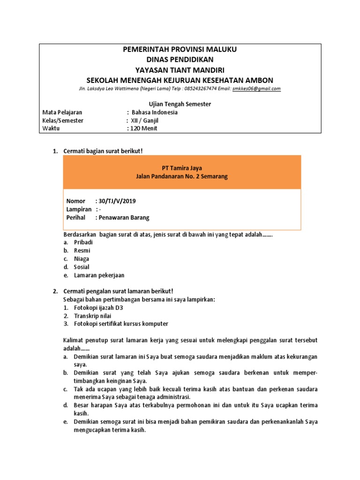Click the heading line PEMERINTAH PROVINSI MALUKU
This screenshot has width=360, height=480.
pyautogui.click(x=180, y=50)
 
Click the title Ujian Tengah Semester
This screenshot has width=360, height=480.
pyautogui.click(x=180, y=104)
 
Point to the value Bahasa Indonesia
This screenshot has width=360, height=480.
pyautogui.click(x=154, y=112)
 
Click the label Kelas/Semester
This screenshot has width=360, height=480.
pyautogui.click(x=63, y=120)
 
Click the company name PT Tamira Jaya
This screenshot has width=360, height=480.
pyautogui.click(x=180, y=168)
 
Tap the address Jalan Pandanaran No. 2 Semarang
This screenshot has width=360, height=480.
pyautogui.click(x=180, y=176)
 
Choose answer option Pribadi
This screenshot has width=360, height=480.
pyautogui.click(x=83, y=242)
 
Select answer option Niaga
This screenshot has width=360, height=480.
pyautogui.click(x=82, y=259)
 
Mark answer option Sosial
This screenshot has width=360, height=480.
pyautogui.click(x=82, y=267)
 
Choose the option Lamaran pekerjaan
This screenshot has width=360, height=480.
pyautogui.click(x=99, y=276)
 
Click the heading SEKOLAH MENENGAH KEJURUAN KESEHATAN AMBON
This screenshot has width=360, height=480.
pyautogui.click(x=180, y=80)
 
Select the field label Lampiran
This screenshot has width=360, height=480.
pyautogui.click(x=79, y=210)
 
